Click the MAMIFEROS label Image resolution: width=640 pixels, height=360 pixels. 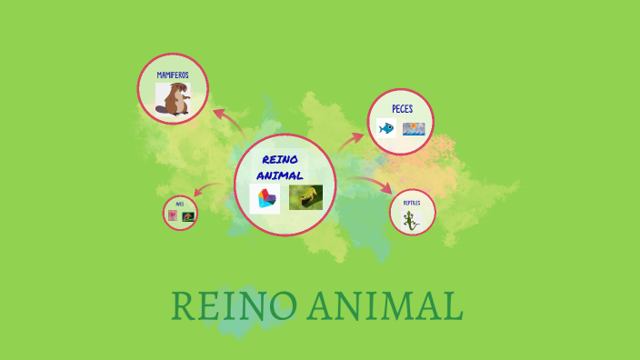[173, 75]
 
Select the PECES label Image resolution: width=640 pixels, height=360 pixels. [402, 109]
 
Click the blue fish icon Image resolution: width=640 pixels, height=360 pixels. [386, 129]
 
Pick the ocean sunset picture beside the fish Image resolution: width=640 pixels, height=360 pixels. [414, 129]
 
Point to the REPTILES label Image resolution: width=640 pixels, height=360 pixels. [412, 203]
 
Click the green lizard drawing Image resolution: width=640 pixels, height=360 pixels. [411, 220]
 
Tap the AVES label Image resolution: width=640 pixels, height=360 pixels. [180, 204]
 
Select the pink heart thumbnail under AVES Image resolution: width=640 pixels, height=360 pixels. [173, 216]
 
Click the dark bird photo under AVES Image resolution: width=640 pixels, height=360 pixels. [188, 217]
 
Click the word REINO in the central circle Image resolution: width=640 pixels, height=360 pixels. [280, 160]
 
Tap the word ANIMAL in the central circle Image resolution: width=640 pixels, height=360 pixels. [280, 175]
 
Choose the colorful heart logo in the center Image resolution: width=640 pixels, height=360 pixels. [265, 198]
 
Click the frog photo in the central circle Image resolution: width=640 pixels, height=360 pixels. [305, 197]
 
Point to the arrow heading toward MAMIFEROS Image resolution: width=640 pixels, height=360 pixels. [226, 121]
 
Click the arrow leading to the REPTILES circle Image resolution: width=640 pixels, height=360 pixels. [373, 189]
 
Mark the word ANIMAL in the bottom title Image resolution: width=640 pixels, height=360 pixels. [384, 306]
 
